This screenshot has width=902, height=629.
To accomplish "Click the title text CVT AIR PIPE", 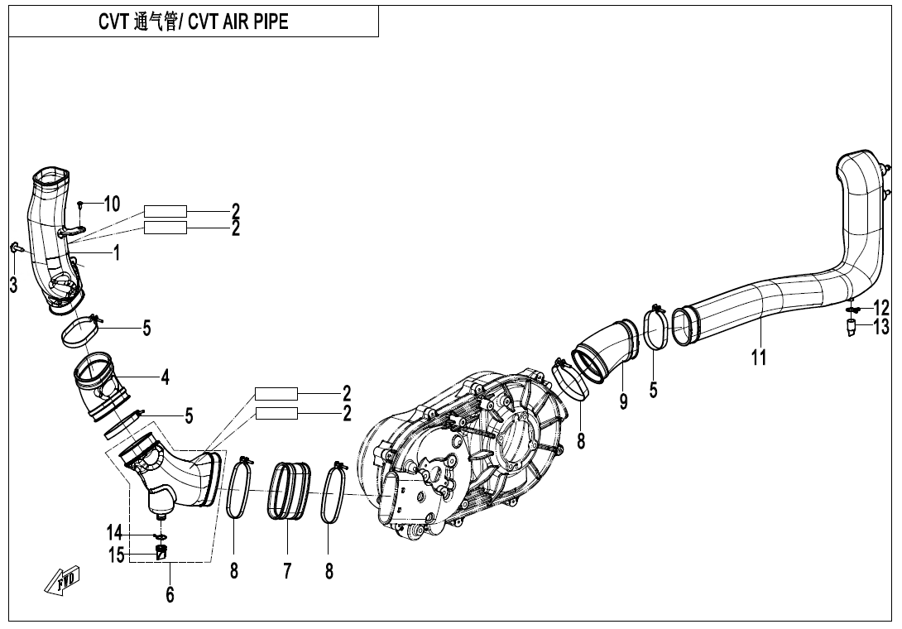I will pos(193,22).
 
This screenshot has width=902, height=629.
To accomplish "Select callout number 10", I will pos(112,204).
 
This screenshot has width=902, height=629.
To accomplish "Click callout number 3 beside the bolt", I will pos(12,286).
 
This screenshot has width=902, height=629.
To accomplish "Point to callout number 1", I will pos(117,253).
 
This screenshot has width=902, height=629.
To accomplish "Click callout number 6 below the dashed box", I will pos(170,594).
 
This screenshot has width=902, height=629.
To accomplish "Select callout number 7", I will pos(287,571).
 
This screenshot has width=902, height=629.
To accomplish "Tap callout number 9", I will pos(623,401).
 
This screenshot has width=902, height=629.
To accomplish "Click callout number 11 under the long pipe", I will pos(758,357).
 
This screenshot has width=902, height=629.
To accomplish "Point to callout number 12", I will pos(880,309).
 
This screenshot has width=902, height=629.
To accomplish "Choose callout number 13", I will pos(880,328).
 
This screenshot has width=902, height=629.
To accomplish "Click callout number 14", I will pos(114,531).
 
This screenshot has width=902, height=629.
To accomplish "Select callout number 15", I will pos(116,555).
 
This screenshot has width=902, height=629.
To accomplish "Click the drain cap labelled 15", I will pos(162,552).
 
